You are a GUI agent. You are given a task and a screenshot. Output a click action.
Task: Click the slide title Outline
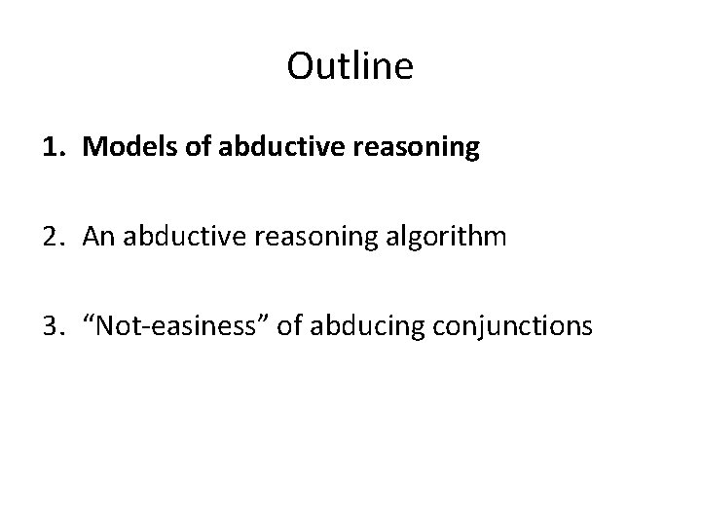pos(350,67)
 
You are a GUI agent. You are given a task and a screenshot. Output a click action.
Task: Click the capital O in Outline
pos(300,67)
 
